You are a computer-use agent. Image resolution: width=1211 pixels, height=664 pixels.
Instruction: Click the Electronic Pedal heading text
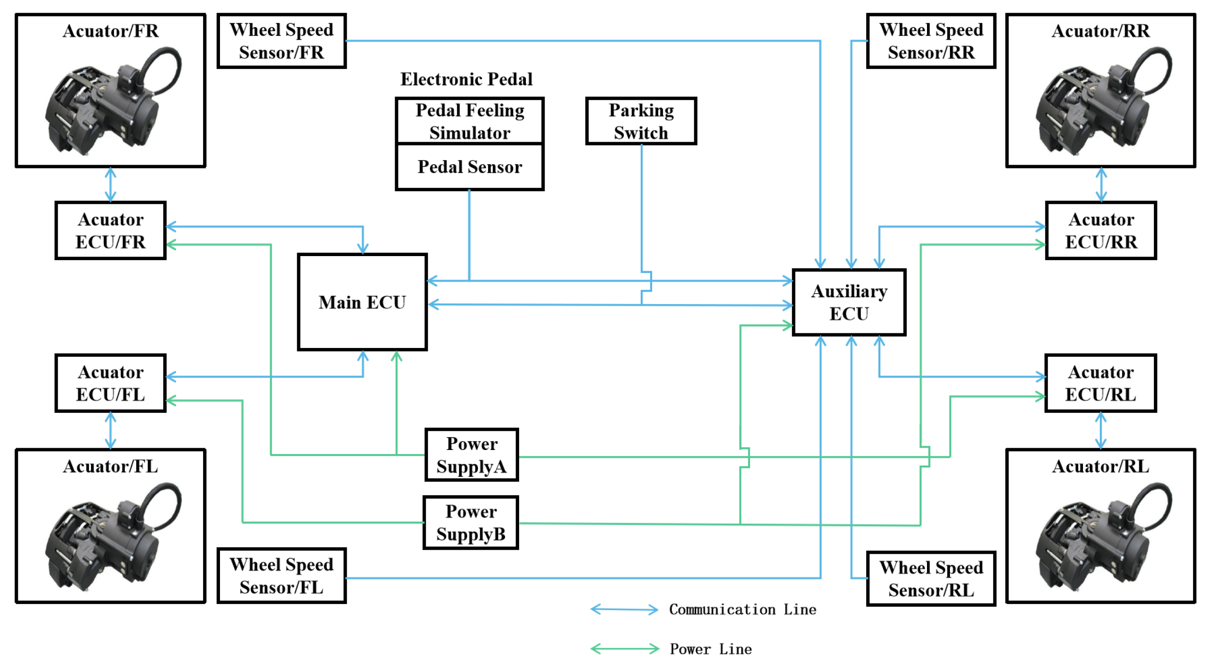[x=466, y=79]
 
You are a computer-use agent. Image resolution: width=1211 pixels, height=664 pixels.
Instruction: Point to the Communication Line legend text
[x=743, y=610]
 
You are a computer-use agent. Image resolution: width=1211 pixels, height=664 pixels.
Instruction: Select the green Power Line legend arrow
[x=625, y=649]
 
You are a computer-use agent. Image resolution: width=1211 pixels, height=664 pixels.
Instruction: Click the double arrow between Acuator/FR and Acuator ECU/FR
[x=111, y=184]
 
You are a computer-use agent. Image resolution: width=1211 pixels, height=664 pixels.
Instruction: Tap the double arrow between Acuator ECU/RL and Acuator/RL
[x=1100, y=430]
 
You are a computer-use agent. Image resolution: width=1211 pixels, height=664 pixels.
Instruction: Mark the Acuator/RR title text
[x=1100, y=31]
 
